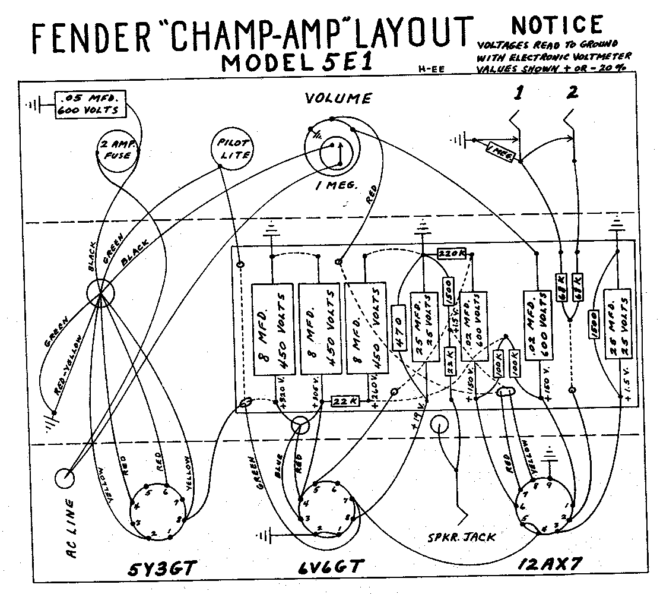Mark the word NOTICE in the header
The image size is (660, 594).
556,25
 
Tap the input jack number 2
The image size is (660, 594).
572,94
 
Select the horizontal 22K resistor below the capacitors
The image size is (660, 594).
345,401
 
